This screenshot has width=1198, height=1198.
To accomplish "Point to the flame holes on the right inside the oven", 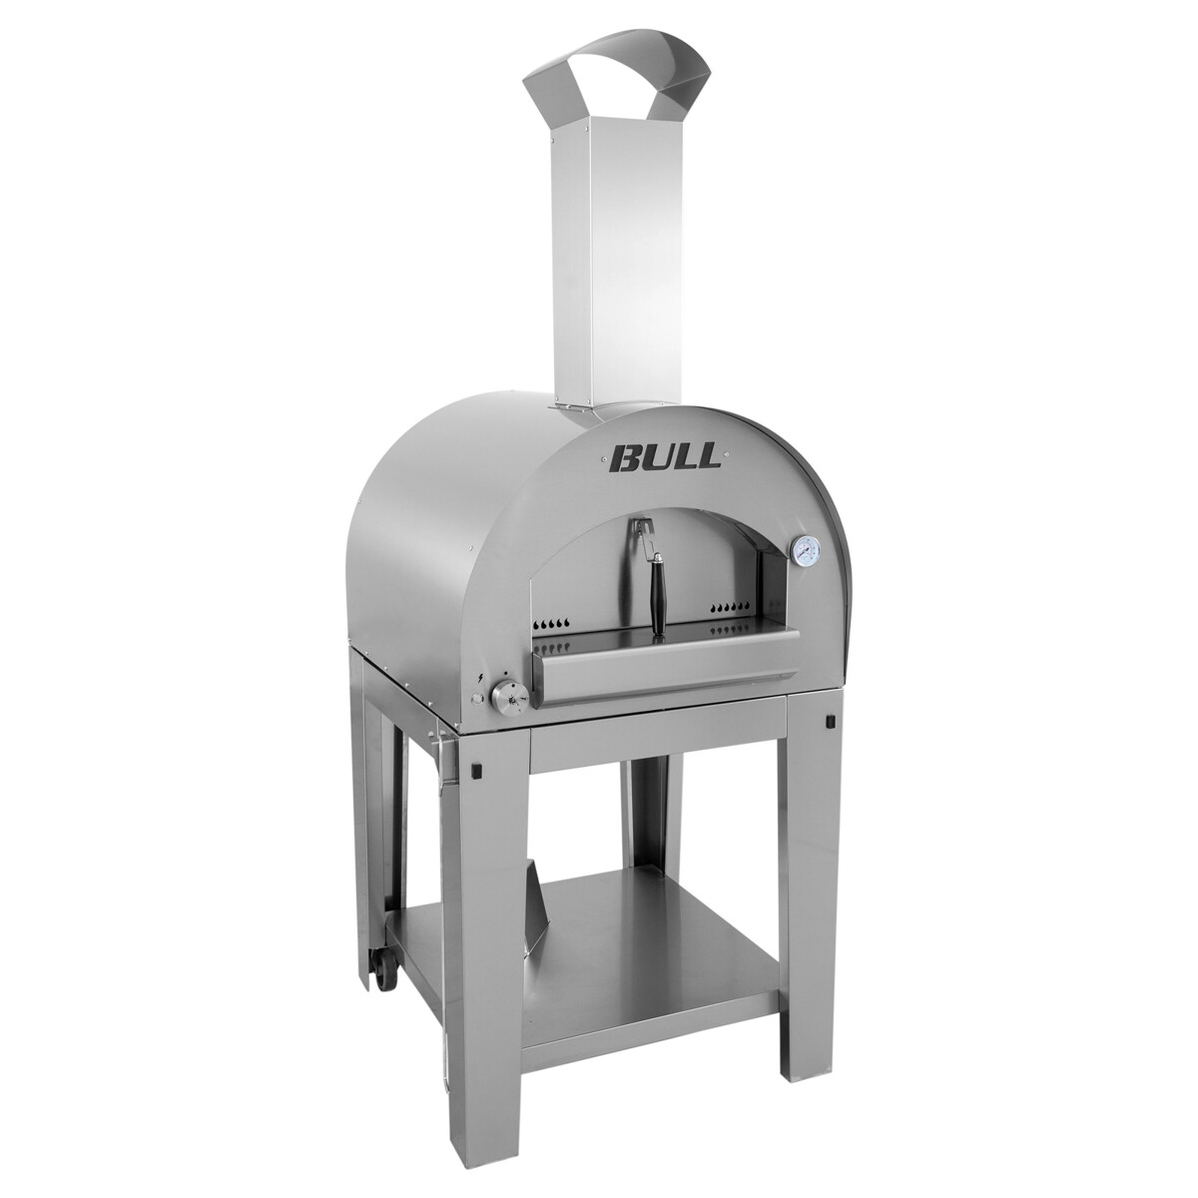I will click(729, 607).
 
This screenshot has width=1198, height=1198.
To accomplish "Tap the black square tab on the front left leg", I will click(476, 769).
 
